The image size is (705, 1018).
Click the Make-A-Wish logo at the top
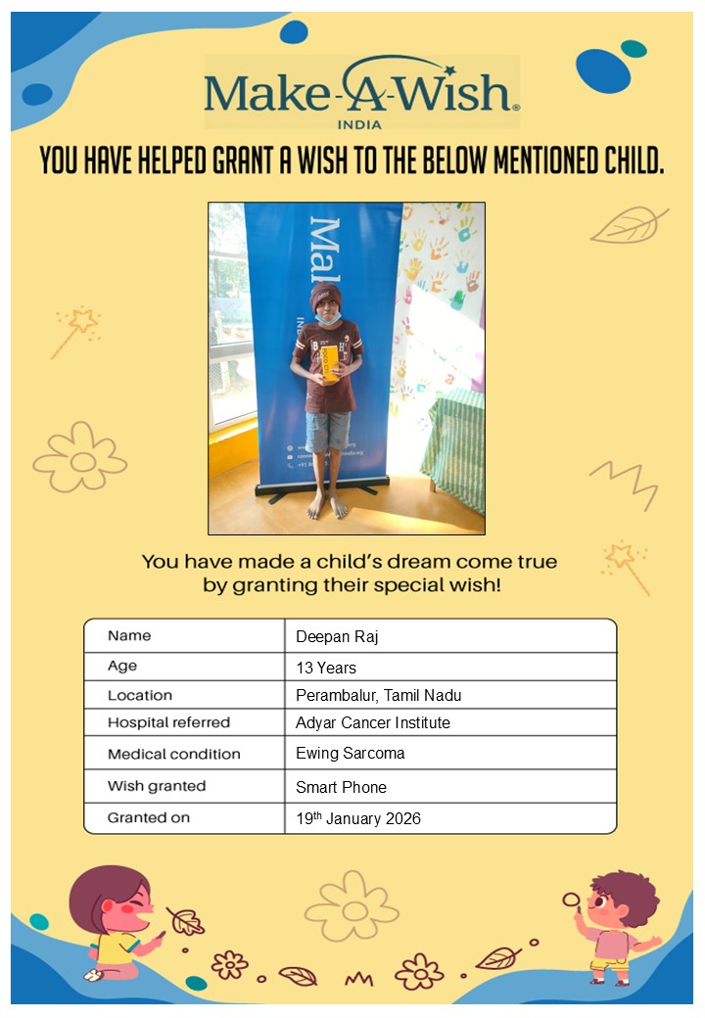pyautogui.click(x=361, y=91)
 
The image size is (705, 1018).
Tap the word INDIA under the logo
pyautogui.click(x=359, y=124)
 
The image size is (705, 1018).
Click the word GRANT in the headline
pyautogui.click(x=245, y=162)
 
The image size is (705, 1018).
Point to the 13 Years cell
pyautogui.click(x=326, y=669)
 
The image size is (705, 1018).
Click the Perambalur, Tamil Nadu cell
pyautogui.click(x=378, y=696)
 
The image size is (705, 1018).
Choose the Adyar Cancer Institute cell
pyautogui.click(x=373, y=723)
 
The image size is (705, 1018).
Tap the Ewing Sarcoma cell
pyautogui.click(x=350, y=754)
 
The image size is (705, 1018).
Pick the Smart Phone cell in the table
pyautogui.click(x=341, y=787)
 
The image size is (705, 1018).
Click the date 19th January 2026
pyautogui.click(x=358, y=818)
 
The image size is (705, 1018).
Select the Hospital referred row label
pyautogui.click(x=168, y=722)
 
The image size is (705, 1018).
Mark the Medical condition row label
pyautogui.click(x=173, y=754)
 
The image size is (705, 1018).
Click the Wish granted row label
pyautogui.click(x=157, y=786)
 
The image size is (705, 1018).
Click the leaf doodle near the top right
pyautogui.click(x=629, y=226)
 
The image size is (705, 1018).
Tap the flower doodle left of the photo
pyautogui.click(x=80, y=458)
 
